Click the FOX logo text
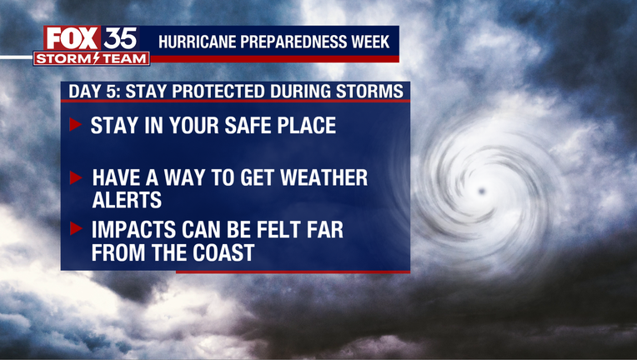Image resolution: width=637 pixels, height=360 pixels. [72, 39]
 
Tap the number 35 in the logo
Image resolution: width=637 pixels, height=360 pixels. [120, 39]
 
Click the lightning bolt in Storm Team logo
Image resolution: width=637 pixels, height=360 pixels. [96, 59]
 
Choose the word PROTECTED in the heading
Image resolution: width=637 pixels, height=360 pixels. [218, 92]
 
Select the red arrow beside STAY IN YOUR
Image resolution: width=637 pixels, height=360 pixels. [75, 124]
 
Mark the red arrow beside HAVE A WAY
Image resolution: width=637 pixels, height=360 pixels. [76, 177]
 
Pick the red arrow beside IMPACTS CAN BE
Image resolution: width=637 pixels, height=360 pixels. [76, 228]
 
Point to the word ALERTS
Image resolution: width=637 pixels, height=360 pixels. [127, 200]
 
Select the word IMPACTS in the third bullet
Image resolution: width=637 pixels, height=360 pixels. [134, 230]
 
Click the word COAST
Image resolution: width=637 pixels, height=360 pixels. [223, 252]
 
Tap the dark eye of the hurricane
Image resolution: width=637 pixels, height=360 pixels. [482, 191]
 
